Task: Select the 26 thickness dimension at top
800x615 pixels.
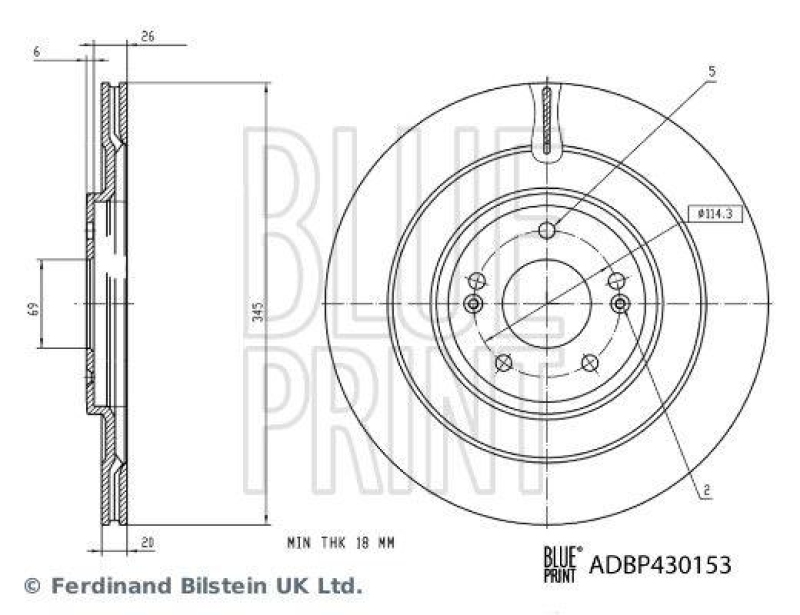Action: tap(147, 37)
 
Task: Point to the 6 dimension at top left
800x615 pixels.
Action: tap(37, 51)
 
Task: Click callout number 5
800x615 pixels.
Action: tap(711, 71)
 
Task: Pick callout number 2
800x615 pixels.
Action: tap(706, 489)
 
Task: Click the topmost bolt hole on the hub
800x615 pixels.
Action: tap(546, 232)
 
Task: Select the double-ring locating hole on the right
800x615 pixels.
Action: tap(620, 303)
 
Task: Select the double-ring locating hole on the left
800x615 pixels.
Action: tap(473, 303)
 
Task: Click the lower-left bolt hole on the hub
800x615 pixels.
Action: tap(504, 362)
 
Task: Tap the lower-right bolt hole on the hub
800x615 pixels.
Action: tap(589, 362)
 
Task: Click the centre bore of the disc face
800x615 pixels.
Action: tap(546, 303)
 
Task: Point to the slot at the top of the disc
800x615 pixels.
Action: tap(546, 120)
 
